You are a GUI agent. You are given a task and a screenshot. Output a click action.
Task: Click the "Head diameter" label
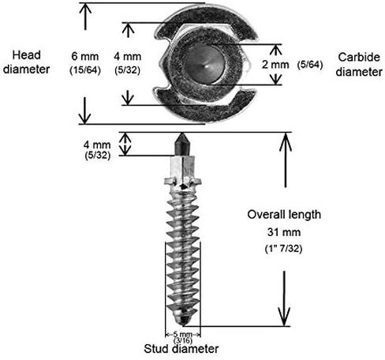(26, 62)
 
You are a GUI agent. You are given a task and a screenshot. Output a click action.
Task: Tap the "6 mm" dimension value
(85, 57)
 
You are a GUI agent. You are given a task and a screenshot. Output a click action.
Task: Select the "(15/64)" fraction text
(85, 70)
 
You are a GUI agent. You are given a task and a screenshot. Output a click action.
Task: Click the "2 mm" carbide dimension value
(275, 65)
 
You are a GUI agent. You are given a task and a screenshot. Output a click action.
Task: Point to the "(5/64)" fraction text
(310, 64)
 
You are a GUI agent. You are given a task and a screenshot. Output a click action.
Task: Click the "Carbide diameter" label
(359, 65)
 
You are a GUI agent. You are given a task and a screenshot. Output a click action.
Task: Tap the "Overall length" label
(284, 215)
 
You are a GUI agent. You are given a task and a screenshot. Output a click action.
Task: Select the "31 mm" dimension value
(284, 232)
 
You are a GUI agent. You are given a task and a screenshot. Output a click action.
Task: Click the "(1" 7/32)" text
(284, 249)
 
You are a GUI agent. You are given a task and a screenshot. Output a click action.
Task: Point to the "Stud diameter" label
(181, 349)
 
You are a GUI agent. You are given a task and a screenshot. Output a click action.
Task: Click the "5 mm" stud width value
(183, 335)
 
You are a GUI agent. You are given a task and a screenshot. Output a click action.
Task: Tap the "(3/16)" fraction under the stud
(183, 340)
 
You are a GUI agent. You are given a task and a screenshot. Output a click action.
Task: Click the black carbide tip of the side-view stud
(182, 144)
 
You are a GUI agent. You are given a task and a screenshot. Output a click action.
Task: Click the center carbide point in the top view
(205, 65)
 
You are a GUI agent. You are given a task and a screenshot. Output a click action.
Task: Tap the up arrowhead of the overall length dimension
(286, 141)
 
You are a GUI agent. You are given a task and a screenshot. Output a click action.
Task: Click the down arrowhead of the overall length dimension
(284, 317)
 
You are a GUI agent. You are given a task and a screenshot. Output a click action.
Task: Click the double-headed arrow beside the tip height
(125, 144)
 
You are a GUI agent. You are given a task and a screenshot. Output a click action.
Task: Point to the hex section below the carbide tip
(182, 167)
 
